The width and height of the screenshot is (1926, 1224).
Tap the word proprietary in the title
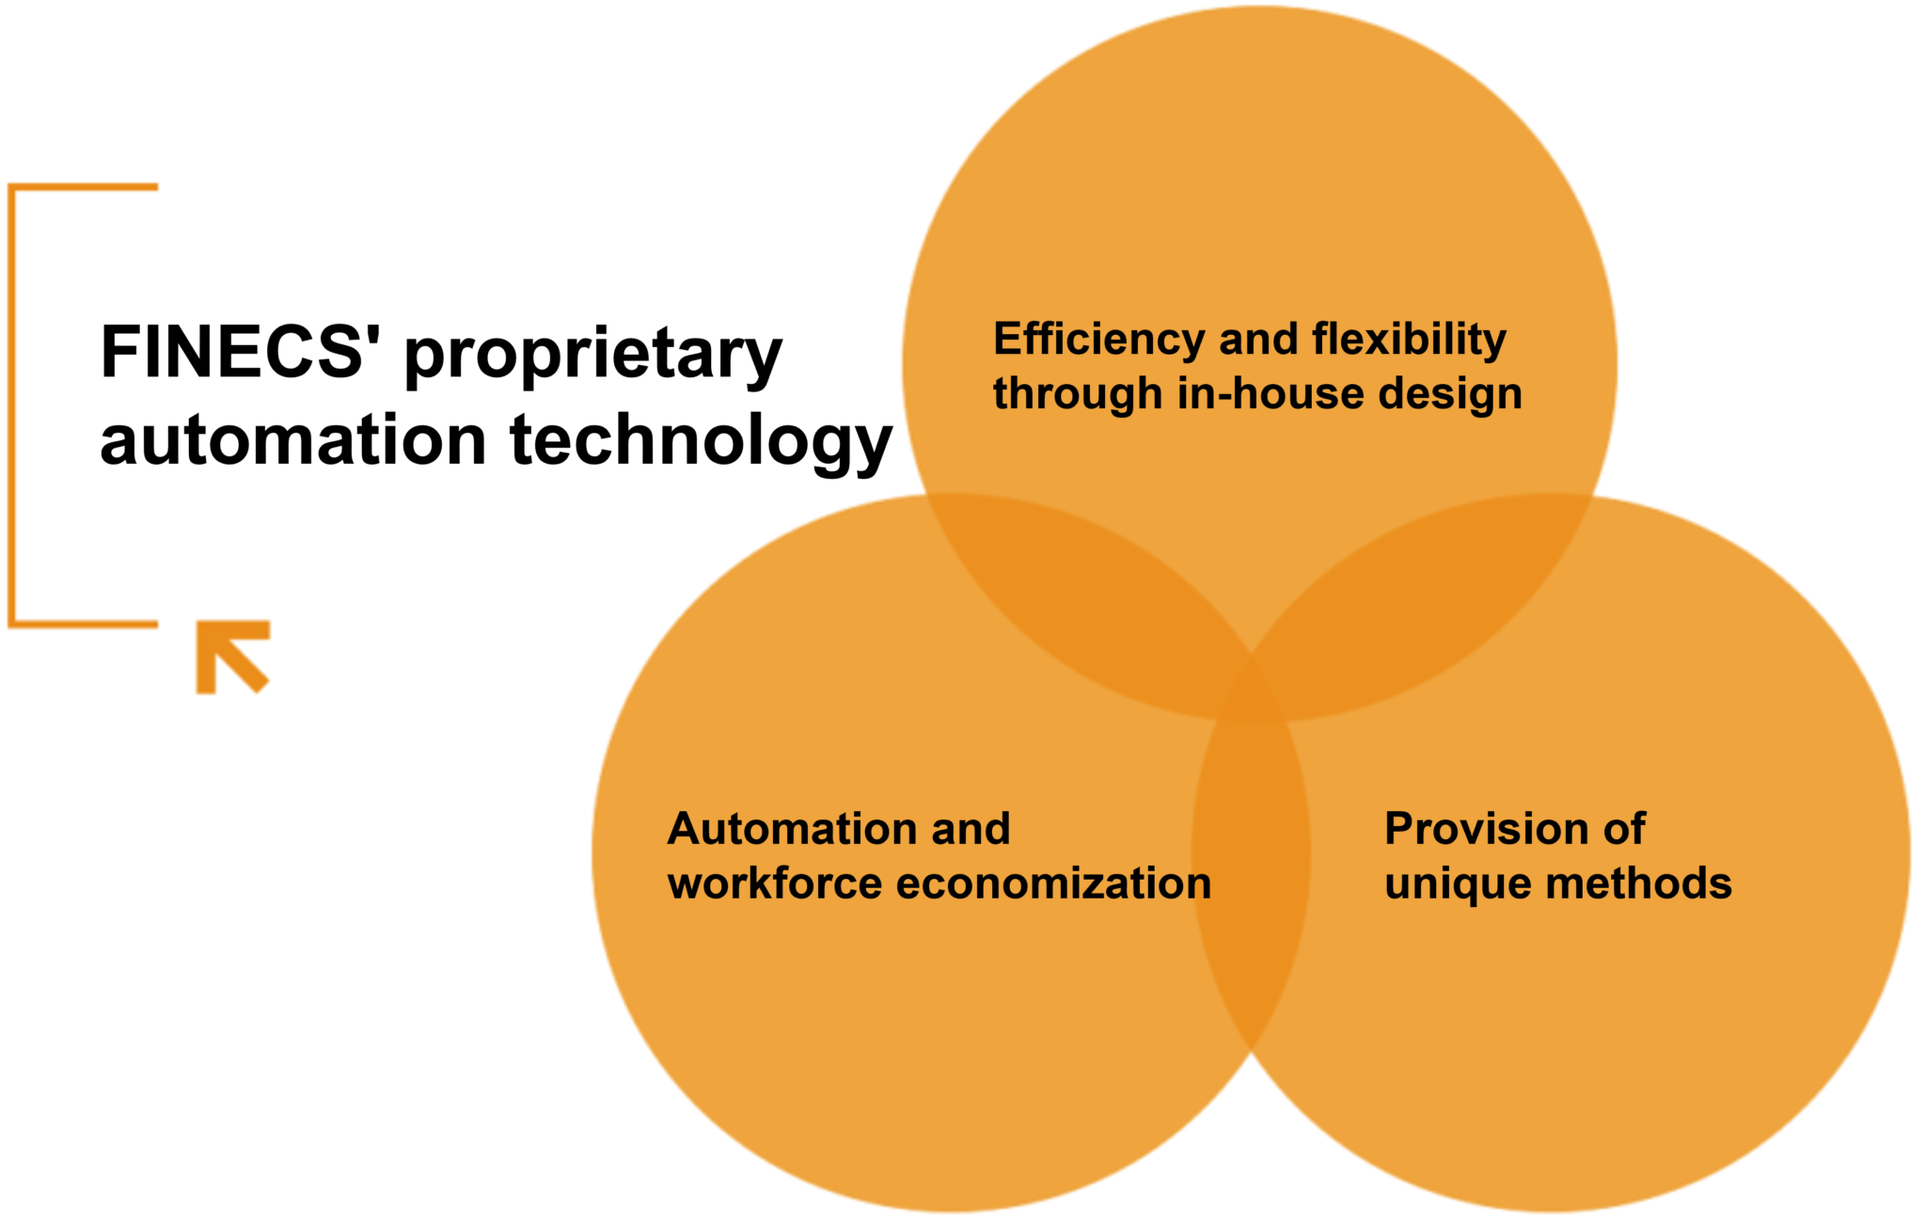pos(593,358)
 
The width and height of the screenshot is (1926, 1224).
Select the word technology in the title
pos(701,441)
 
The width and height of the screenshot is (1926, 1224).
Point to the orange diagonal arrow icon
pos(232,657)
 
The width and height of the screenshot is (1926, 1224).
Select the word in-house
pos(1270,392)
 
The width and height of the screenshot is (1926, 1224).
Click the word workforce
pos(775,883)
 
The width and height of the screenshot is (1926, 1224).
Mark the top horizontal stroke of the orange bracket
pos(83,187)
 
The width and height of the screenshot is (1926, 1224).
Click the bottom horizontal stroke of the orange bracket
pos(83,623)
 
